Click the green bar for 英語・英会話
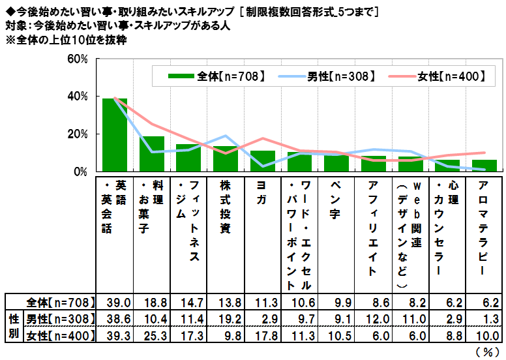point(115,136)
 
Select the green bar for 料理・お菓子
point(152,155)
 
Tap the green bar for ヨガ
point(263,162)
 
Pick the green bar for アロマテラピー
point(484,166)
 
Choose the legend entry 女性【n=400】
point(445,76)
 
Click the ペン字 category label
point(336,196)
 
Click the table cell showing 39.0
point(115,303)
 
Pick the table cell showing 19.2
point(226,319)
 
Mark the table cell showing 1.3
point(484,319)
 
